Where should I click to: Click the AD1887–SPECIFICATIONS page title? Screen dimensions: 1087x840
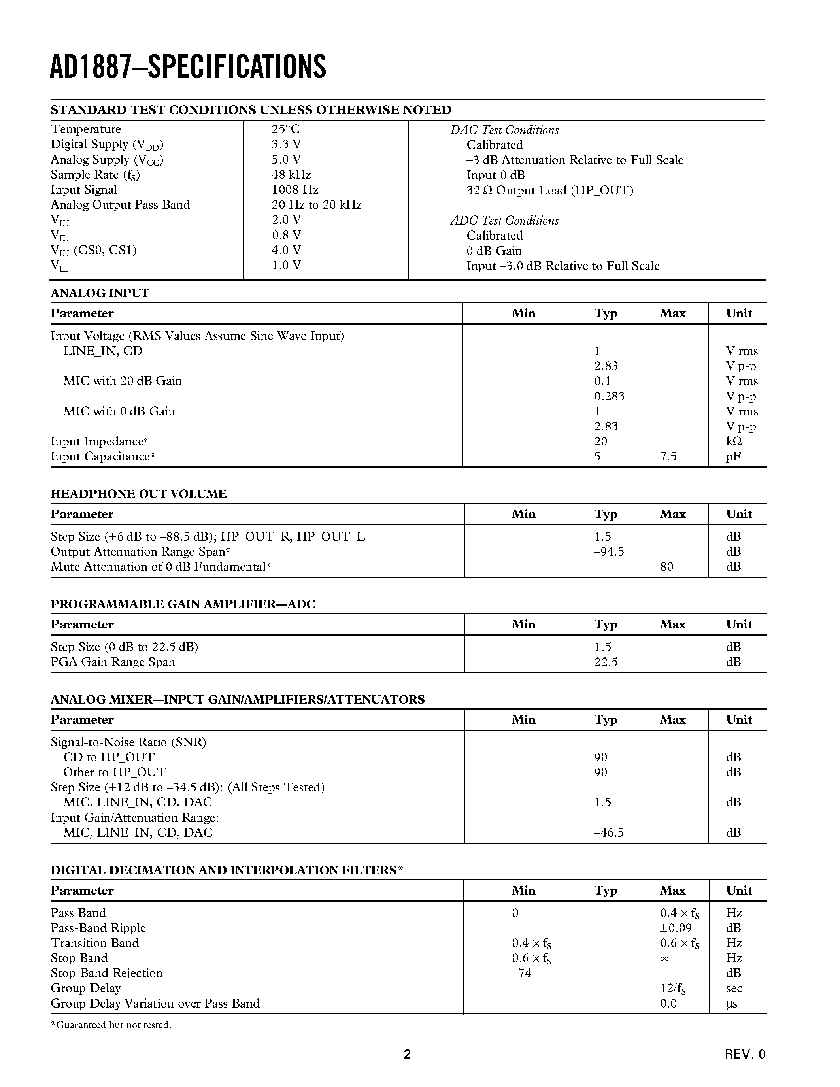[188, 67]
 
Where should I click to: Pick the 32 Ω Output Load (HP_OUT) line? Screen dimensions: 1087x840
[549, 190]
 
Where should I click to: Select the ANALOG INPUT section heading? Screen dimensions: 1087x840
[100, 293]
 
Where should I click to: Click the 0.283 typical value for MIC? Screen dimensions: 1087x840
[609, 396]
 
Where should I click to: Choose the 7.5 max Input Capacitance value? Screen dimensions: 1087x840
[668, 457]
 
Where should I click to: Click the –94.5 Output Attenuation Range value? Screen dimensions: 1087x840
[609, 551]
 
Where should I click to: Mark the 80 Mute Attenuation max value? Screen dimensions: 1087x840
[666, 566]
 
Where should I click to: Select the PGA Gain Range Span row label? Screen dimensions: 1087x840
[113, 662]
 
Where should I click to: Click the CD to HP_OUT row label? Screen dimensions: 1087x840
[108, 757]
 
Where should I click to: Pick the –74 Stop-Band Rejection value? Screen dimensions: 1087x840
[521, 973]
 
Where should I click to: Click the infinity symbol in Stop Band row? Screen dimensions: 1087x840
[664, 959]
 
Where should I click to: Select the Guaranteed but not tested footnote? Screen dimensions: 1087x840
[111, 1025]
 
